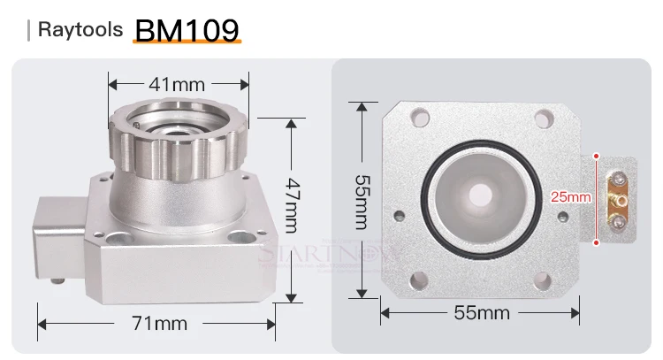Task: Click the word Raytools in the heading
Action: point(78,30)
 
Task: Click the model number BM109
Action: point(186,28)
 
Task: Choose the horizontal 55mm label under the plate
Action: point(482,312)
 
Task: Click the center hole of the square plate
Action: point(481,193)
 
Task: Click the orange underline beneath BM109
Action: point(186,42)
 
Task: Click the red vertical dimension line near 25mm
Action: point(598,197)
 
